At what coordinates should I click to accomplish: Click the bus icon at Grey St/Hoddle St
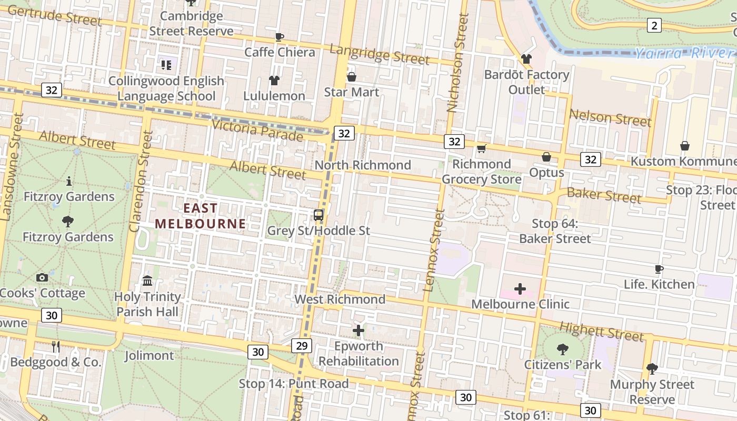coord(318,215)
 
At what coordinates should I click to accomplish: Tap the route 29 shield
coord(302,346)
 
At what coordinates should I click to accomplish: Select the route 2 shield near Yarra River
coord(654,25)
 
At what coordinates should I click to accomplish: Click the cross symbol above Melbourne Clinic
coord(520,288)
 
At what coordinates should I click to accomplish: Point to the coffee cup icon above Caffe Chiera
coord(280,37)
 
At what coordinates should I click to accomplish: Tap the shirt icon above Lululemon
coord(274,81)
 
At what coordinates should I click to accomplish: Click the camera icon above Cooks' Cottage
coord(42,277)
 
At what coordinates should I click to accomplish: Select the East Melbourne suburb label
coord(200,216)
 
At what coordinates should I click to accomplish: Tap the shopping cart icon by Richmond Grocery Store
coord(481,149)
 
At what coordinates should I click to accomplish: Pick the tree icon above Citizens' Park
coord(562,348)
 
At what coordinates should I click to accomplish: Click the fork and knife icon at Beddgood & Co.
coord(56,346)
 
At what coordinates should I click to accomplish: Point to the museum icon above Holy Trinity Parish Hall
coord(147,280)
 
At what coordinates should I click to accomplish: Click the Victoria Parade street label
coord(257,130)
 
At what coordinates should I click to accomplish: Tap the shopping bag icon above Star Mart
coord(352,77)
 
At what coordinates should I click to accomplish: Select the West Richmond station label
coord(340,299)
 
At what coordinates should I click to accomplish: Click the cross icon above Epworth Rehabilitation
coord(358,330)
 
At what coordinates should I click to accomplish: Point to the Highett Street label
coord(601,332)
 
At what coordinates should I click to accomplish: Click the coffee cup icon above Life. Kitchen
coord(659,269)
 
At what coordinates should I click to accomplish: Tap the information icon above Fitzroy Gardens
coord(69,182)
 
